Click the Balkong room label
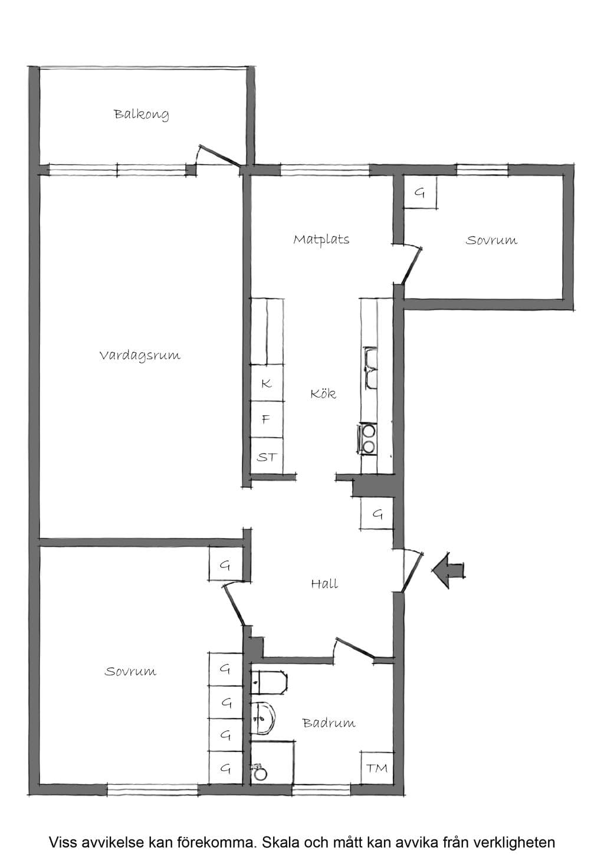141,114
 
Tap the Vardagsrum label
140,355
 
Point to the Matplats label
321,239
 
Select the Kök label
323,393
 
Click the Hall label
324,583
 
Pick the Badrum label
329,723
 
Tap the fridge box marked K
267,383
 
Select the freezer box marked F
267,419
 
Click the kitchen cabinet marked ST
267,456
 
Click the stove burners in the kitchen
369,439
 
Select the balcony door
218,156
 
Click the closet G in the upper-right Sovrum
420,193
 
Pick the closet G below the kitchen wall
377,514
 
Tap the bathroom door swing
354,648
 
